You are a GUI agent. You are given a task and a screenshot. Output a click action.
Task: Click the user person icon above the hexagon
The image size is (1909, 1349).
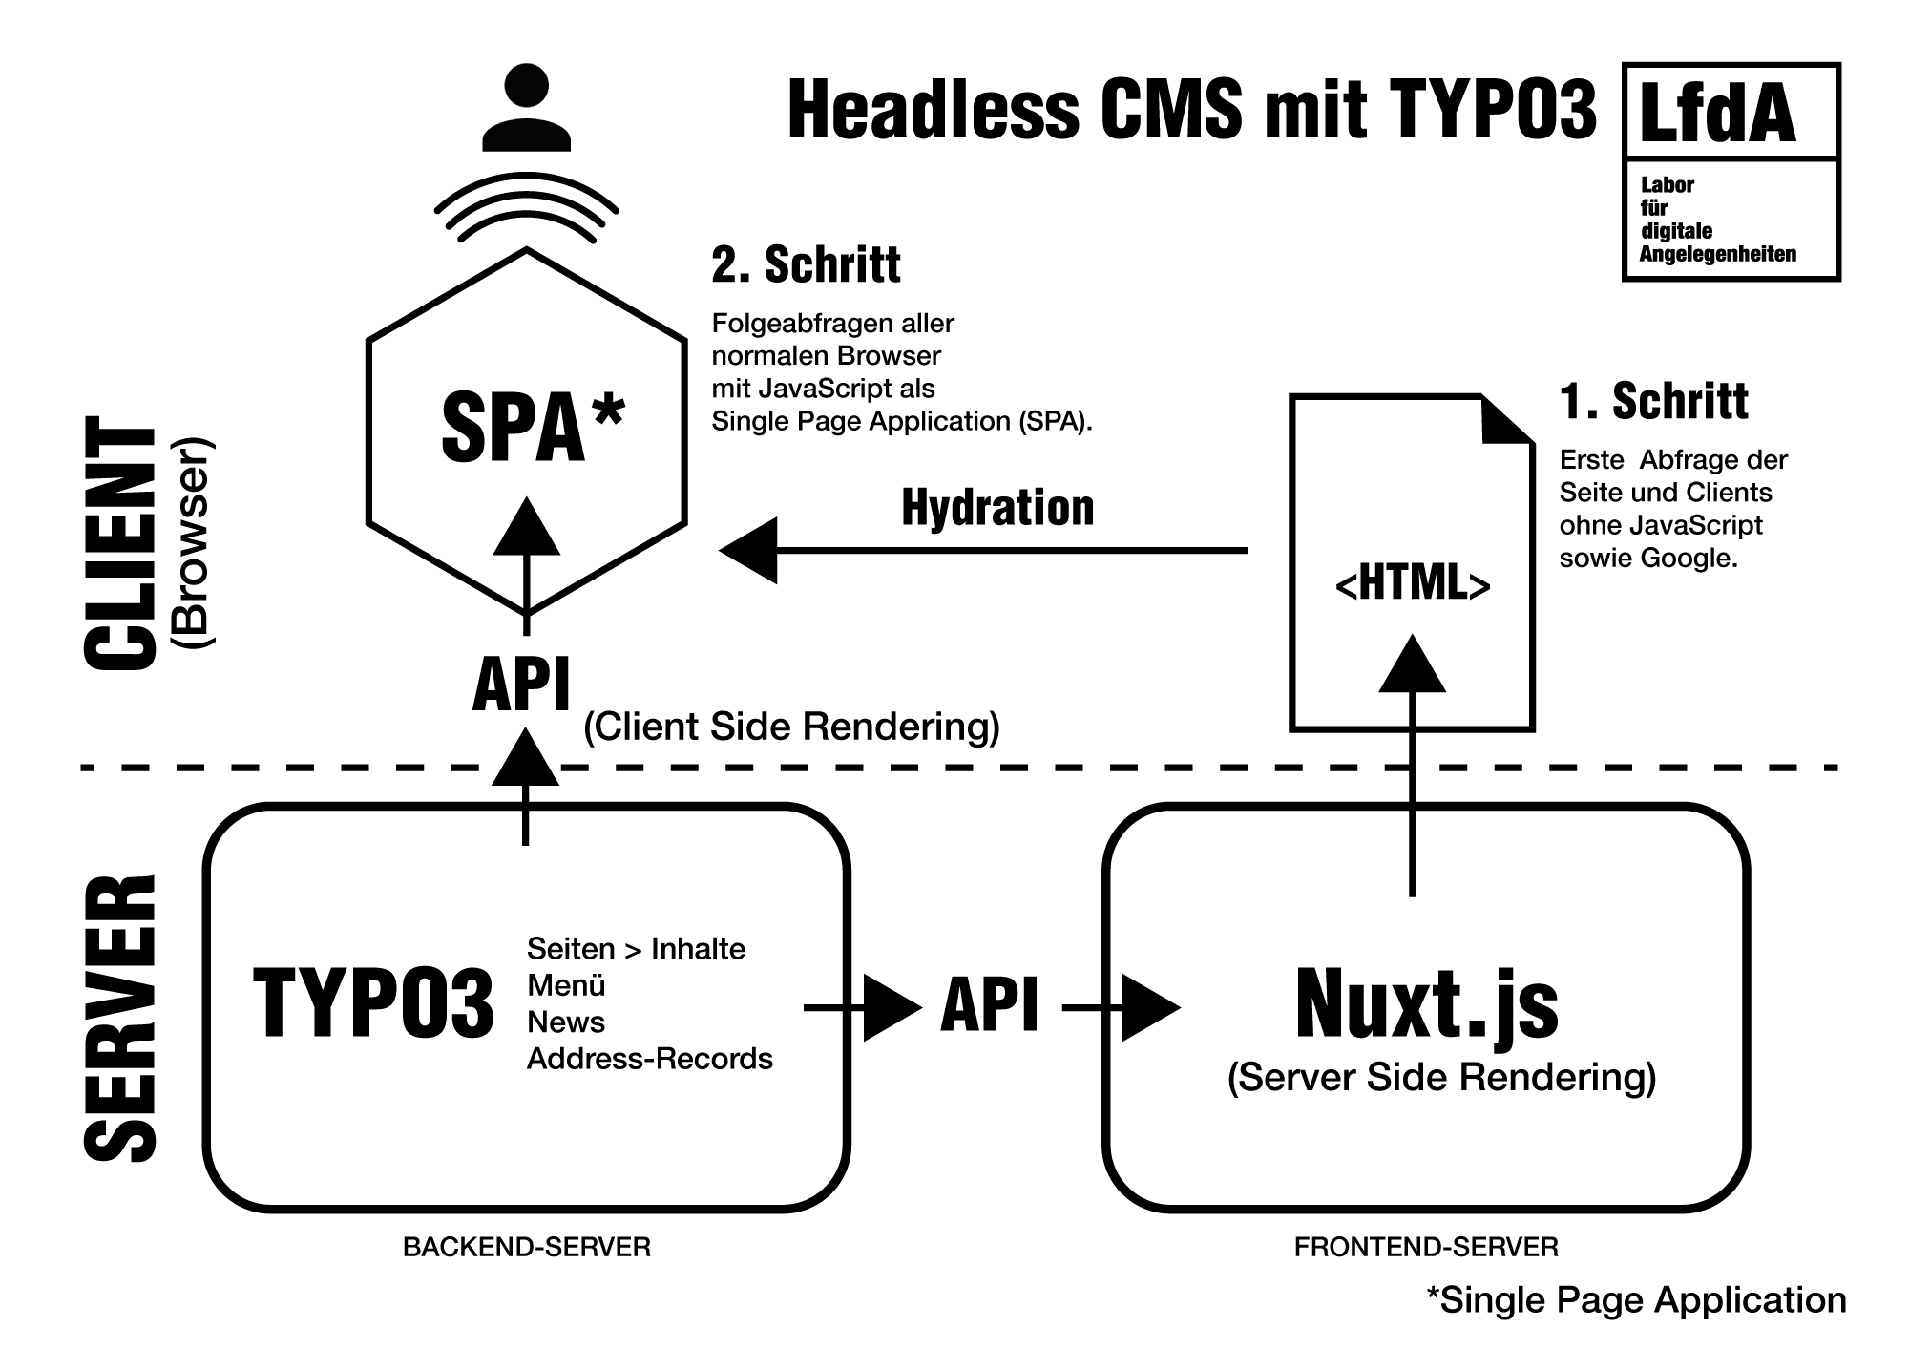point(526,107)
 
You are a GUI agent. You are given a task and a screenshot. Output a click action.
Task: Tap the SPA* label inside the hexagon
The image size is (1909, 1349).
point(532,428)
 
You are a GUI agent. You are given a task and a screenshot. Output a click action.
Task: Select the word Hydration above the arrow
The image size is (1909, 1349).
point(997,508)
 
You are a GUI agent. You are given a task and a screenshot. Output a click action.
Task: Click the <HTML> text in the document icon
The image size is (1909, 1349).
point(1413,583)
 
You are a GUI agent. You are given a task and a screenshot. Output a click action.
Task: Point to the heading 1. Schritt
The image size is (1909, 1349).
point(1654,401)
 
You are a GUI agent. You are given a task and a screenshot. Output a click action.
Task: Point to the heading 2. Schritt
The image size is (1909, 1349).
point(806,264)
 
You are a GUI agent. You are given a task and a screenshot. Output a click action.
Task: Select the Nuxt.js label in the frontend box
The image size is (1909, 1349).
point(1426,1004)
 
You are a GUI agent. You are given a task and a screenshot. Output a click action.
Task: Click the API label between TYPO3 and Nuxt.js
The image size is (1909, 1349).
point(990,1006)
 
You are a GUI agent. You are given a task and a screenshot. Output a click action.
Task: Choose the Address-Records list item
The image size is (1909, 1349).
point(650,1059)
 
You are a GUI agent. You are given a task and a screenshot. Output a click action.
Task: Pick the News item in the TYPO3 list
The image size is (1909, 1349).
point(566,1022)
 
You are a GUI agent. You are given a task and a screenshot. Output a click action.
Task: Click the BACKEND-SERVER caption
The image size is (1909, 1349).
point(527,1247)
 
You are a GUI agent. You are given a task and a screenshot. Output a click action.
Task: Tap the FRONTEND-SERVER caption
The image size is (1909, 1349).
point(1426,1247)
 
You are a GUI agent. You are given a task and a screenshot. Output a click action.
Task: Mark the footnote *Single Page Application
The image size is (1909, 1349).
point(1636,1300)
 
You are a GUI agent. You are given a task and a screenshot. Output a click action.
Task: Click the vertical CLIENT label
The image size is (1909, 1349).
point(121,544)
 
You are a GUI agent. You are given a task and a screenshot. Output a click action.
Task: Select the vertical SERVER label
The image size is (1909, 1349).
point(121,1017)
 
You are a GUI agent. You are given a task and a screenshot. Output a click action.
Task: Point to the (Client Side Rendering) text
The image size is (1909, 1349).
point(791,727)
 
